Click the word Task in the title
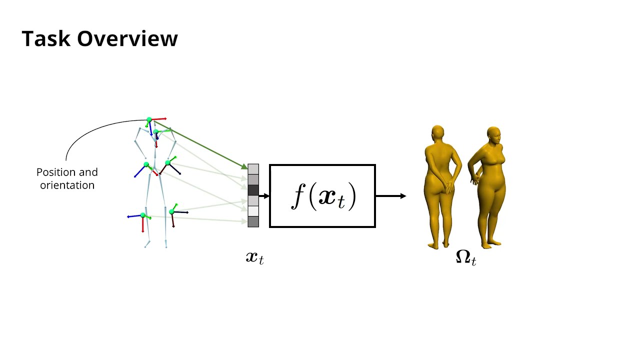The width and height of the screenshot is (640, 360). click(x=46, y=39)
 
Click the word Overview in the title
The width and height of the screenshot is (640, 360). click(x=127, y=39)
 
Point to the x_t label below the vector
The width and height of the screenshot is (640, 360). click(x=254, y=257)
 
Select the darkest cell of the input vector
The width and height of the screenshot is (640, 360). click(x=253, y=190)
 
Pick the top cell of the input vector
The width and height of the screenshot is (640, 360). click(x=253, y=169)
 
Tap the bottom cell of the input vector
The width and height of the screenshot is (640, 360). click(x=253, y=221)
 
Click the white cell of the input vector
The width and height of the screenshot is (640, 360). click(x=253, y=211)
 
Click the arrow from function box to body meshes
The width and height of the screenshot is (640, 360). click(x=390, y=196)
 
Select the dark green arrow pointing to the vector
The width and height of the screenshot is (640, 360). click(x=200, y=144)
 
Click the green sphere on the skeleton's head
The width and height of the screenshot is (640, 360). click(x=149, y=120)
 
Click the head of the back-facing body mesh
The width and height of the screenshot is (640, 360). click(x=437, y=133)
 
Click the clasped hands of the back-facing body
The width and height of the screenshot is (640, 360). click(x=449, y=187)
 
